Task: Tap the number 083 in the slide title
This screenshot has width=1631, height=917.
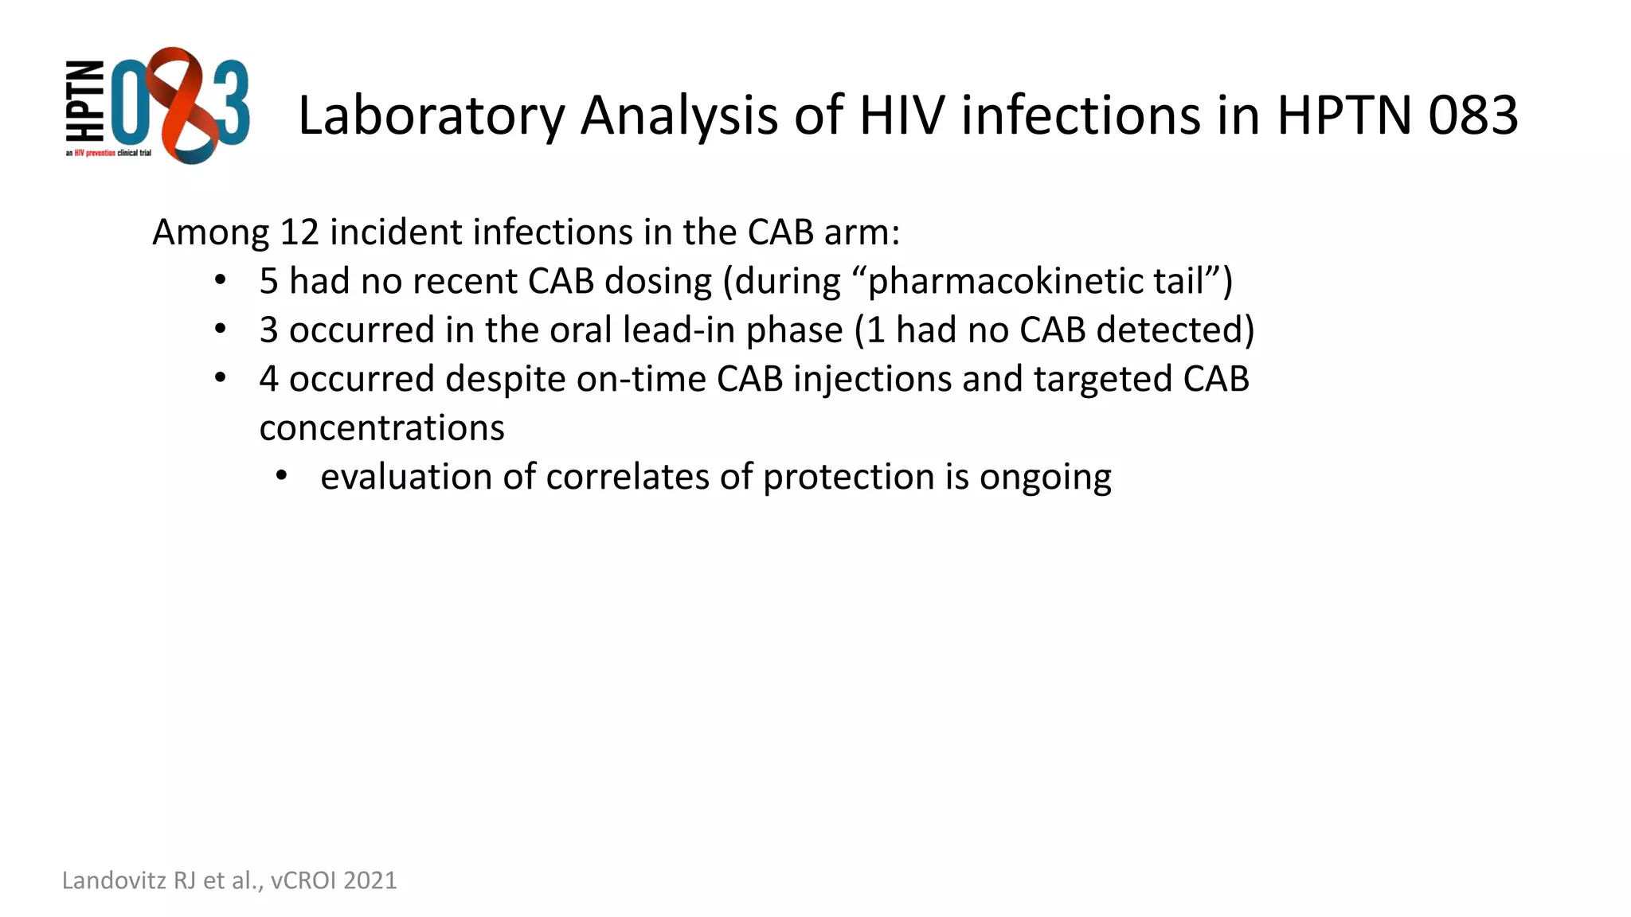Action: pos(1473,115)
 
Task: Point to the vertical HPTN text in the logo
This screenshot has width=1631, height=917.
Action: pos(84,101)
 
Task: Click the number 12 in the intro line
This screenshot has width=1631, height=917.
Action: pos(299,232)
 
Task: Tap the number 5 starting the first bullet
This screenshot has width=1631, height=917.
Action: pos(268,282)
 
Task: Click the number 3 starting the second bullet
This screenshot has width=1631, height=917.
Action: pos(268,330)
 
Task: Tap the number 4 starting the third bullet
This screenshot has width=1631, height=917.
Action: pos(268,379)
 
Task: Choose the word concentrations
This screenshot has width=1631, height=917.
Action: pos(382,428)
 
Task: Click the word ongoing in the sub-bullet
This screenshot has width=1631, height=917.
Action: pos(1045,478)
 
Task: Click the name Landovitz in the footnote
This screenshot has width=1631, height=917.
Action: pos(114,880)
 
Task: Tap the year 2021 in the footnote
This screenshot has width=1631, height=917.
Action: pos(370,880)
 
